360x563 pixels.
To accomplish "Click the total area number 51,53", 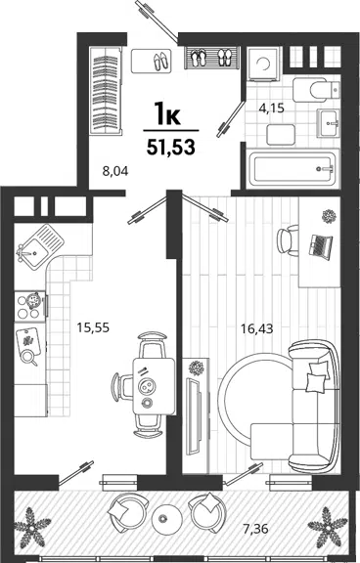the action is (171, 147).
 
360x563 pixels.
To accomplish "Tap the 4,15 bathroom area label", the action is (272, 108).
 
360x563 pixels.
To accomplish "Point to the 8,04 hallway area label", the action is (115, 171).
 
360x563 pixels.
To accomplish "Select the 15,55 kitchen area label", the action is (93, 327).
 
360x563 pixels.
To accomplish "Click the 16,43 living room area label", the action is (257, 328).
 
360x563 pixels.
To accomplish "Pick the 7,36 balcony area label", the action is (255, 529).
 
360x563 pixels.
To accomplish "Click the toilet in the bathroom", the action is (316, 90).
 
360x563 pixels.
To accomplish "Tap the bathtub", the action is (292, 169).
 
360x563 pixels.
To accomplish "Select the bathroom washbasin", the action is (328, 123).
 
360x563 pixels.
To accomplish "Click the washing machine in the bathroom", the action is (264, 64).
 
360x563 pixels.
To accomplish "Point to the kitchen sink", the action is (40, 246).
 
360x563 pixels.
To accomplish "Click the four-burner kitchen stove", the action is (30, 305).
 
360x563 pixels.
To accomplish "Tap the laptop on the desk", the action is (321, 246).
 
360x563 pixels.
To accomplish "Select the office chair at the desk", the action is (289, 239).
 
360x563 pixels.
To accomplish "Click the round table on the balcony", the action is (164, 518).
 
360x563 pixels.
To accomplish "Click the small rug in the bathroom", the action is (281, 135).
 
